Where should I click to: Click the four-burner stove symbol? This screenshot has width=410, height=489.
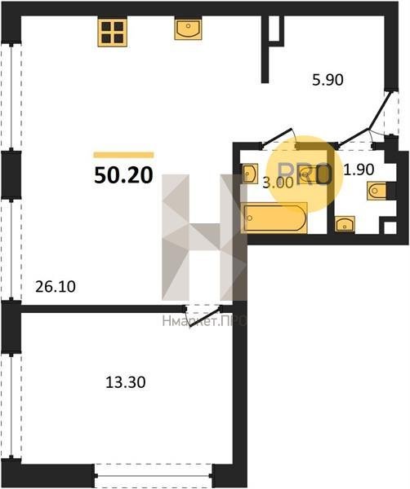113,33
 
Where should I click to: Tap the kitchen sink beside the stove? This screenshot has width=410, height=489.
188,29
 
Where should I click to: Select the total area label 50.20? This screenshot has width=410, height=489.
123,175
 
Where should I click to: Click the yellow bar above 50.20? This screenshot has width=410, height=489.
124,155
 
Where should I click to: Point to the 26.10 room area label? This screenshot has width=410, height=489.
56,287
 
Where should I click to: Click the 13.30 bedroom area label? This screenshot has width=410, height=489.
126,382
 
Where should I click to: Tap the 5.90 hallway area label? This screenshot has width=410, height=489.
328,80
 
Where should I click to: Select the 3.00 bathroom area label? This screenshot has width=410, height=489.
279,183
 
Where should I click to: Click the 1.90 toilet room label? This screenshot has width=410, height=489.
359,170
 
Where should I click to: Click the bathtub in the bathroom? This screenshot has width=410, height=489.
274,218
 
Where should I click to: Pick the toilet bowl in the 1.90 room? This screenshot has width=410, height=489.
377,191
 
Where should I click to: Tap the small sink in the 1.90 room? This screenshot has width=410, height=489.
345,224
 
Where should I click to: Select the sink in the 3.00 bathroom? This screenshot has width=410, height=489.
250,173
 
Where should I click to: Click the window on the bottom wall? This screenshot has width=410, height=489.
153,476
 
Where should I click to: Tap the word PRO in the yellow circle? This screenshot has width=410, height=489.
305,174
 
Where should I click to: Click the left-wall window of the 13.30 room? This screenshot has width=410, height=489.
11,407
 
